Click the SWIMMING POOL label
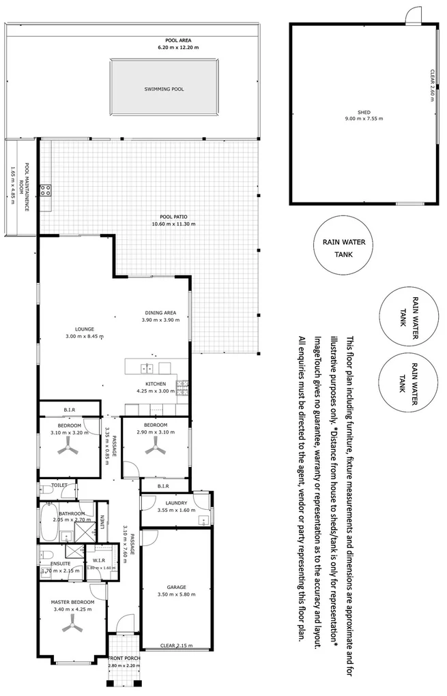coord(164,89)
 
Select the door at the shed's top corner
coord(414,17)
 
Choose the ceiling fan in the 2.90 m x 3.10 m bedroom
coord(156,447)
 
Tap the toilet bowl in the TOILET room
coord(46,489)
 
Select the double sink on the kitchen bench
coord(147,369)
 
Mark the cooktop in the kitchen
coord(182,388)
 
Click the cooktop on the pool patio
coord(46,191)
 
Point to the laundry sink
coord(203,521)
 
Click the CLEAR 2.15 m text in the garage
coord(176,645)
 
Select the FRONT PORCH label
coord(124,658)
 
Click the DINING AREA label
coord(160,313)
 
